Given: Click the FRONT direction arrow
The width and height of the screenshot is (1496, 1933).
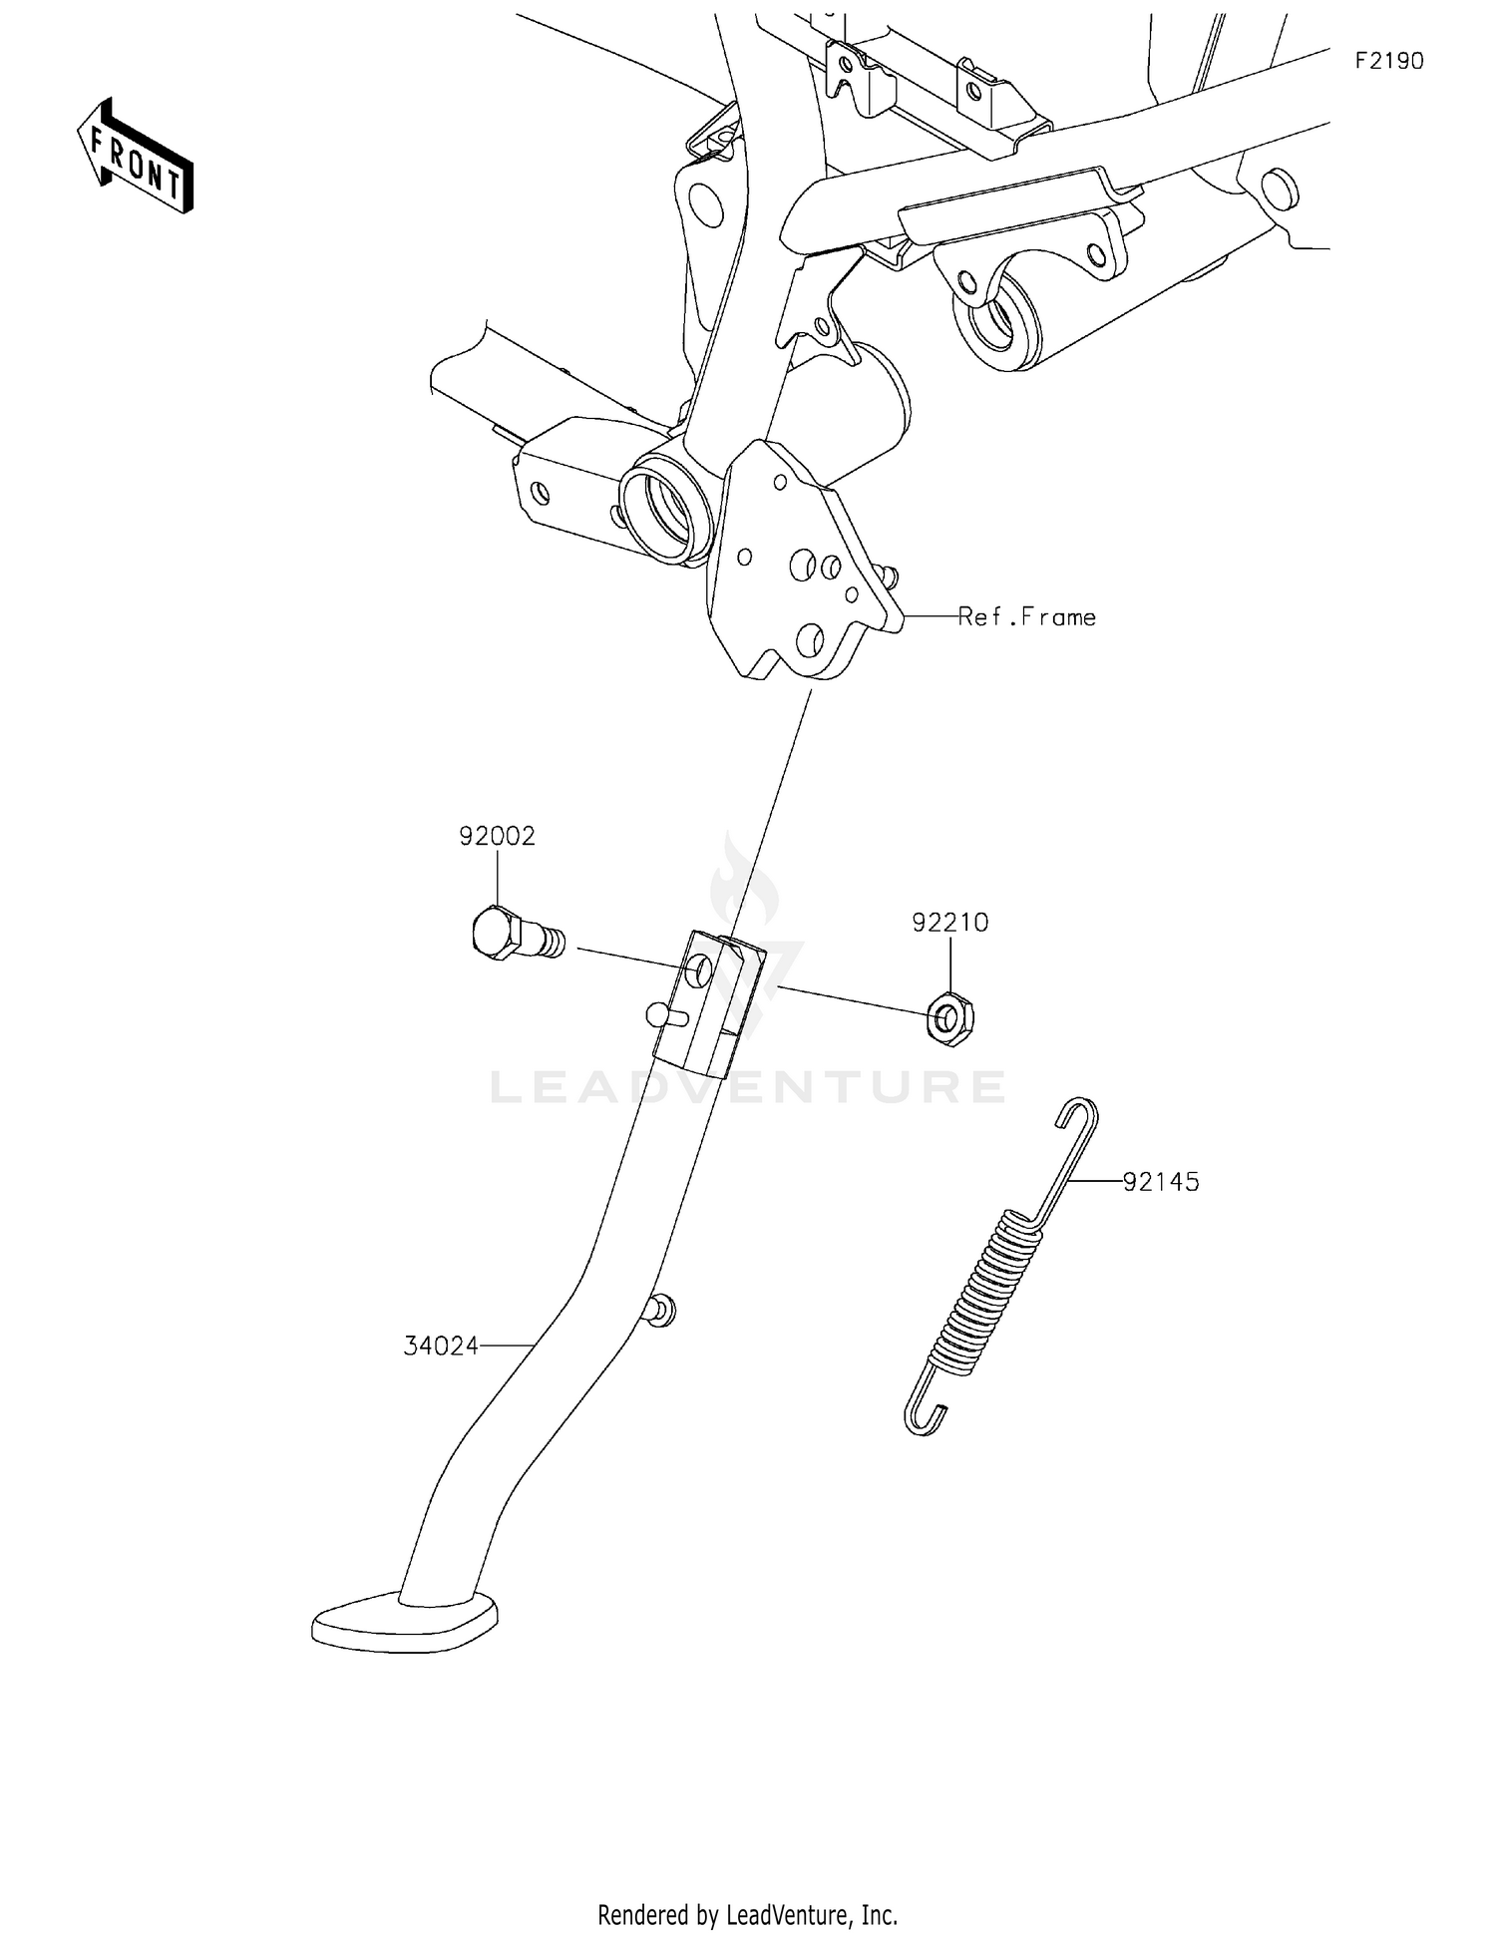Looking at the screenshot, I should pyautogui.click(x=136, y=158).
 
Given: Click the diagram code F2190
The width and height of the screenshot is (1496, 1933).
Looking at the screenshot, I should pyautogui.click(x=1388, y=62).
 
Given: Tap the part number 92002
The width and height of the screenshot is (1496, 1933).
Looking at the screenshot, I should pyautogui.click(x=497, y=836).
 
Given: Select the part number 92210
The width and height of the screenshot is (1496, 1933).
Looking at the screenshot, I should pyautogui.click(x=949, y=923).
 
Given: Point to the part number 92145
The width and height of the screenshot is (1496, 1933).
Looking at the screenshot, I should pyautogui.click(x=1161, y=1182).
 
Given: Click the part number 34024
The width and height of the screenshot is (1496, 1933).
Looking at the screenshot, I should pyautogui.click(x=441, y=1347).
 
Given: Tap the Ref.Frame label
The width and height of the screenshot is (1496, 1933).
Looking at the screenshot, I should pyautogui.click(x=1027, y=617).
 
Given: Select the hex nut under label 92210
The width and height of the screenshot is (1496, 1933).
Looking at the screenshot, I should pyautogui.click(x=949, y=1019).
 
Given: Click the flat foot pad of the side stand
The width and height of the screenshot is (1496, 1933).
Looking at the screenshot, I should pyautogui.click(x=404, y=1624).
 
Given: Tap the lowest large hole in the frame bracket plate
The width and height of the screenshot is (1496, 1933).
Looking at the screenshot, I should pyautogui.click(x=810, y=637).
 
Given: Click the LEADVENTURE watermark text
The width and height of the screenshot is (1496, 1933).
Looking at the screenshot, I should pyautogui.click(x=748, y=1086).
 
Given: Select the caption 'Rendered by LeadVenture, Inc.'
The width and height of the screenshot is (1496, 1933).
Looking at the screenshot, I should pyautogui.click(x=747, y=1914).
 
